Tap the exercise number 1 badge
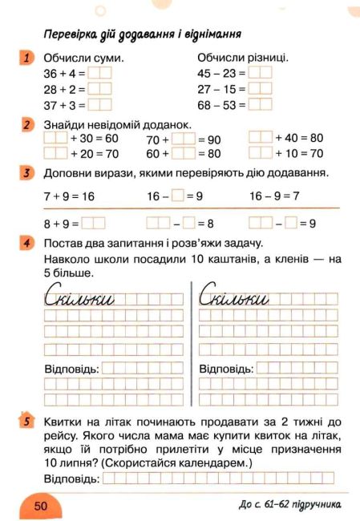tap(27, 57)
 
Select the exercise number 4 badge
tap(27, 242)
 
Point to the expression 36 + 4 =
tap(65, 74)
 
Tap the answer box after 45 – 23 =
tap(261, 74)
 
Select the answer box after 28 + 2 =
tap(99, 89)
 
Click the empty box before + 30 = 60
tap(56, 138)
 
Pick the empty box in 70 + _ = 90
tap(184, 139)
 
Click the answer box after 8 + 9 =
tap(94, 224)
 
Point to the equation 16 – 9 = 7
tap(274, 196)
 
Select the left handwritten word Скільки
tap(80, 299)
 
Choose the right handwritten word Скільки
tap(233, 299)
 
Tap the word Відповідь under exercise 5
tap(72, 478)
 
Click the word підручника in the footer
tap(312, 504)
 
